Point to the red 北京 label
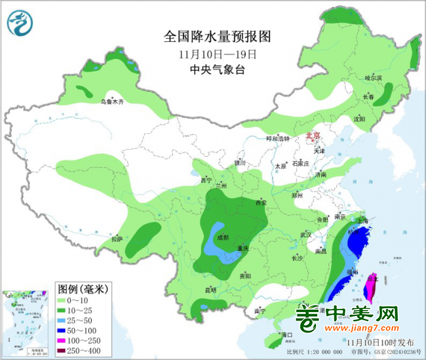pyautogui.click(x=313, y=136)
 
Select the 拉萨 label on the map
pyautogui.click(x=117, y=239)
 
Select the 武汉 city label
pyautogui.click(x=306, y=234)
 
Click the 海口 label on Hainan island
pyautogui.click(x=284, y=335)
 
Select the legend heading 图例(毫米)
pyautogui.click(x=83, y=289)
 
